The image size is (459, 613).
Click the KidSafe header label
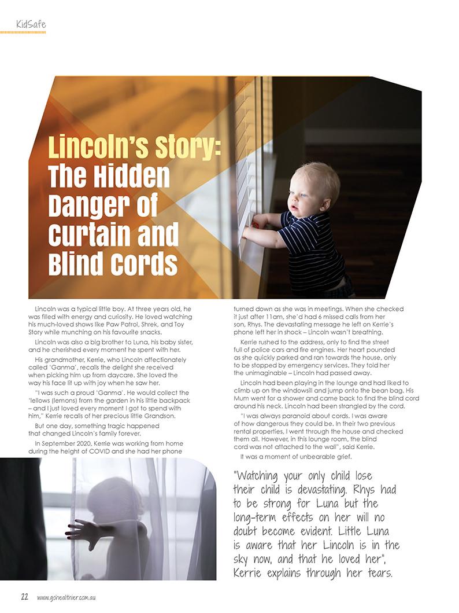tap(31, 24)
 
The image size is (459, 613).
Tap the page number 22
tap(25, 597)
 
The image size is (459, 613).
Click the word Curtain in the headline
tap(92, 236)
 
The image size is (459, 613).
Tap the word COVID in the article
tap(109, 451)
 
